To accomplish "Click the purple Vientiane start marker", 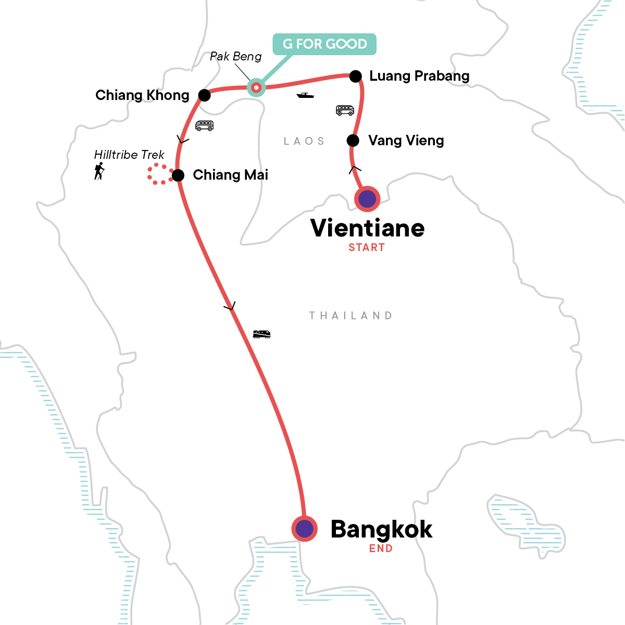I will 367,199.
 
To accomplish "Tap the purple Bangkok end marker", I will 305,529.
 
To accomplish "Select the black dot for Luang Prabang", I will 355,77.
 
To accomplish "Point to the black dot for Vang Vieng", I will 353,141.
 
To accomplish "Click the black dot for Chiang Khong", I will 205,95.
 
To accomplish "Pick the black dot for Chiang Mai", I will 178,175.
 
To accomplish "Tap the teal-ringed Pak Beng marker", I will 256,87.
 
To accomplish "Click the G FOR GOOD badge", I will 324,44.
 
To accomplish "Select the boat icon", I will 305,95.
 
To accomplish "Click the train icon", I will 261,334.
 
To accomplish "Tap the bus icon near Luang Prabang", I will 345,110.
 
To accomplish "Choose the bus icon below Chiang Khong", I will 204,126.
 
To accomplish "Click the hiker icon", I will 99,171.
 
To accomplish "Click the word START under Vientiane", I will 367,248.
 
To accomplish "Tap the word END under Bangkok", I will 381,548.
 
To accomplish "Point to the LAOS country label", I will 304,141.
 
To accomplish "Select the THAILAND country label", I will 351,316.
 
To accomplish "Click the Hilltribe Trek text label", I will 129,155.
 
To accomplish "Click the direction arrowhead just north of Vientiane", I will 355,169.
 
